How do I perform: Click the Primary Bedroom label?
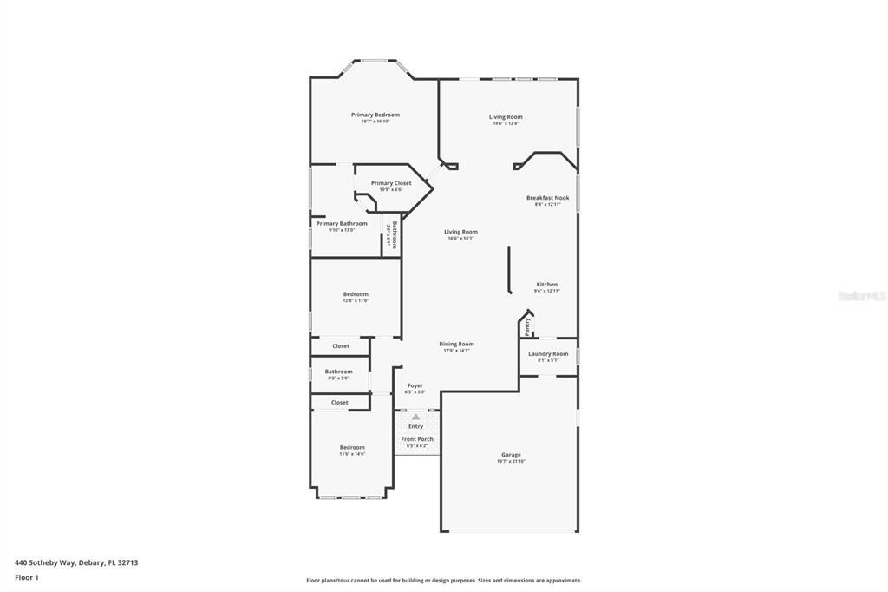(x=375, y=115)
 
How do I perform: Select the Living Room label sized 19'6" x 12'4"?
(x=506, y=117)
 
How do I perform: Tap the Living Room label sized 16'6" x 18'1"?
(x=460, y=232)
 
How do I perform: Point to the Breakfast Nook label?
(x=547, y=198)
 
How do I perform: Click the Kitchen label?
(x=546, y=285)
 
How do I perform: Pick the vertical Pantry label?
(x=527, y=326)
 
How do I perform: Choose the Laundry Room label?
(x=548, y=354)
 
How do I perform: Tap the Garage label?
(x=511, y=455)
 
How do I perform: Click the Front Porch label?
(x=416, y=439)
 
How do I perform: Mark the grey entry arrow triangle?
(x=415, y=418)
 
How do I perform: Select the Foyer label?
(x=415, y=385)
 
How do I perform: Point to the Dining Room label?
(x=456, y=345)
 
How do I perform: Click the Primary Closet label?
(x=391, y=183)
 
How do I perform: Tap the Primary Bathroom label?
(x=341, y=224)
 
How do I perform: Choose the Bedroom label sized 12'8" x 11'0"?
(x=356, y=294)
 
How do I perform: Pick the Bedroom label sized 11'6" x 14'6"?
(x=352, y=448)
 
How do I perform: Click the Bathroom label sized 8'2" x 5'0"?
(x=338, y=372)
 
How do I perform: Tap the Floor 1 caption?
(x=27, y=577)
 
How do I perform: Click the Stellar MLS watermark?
(x=862, y=296)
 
